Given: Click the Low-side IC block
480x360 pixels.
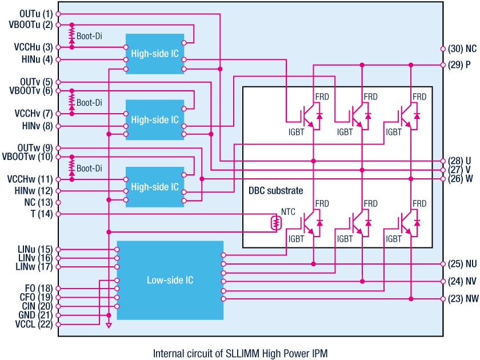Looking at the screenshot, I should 170,280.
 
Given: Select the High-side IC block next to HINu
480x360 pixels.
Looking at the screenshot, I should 155,54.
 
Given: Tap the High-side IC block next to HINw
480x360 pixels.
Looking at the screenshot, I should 155,187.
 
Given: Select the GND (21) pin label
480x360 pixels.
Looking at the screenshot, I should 35,315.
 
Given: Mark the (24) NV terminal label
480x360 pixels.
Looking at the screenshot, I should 462,281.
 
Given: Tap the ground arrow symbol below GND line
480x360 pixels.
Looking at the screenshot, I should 109,327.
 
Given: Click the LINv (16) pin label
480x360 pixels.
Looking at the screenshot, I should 35,258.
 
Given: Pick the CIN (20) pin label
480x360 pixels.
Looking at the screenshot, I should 36,306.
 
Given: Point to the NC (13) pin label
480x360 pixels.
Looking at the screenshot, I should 38,202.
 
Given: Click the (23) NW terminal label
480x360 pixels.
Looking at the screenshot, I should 462,299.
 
